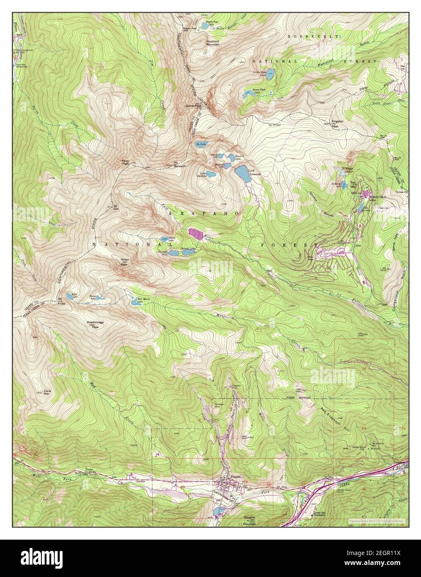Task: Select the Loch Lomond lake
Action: click(x=243, y=174)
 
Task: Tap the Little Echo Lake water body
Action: click(x=269, y=74)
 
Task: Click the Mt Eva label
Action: click(x=115, y=206)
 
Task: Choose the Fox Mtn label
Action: click(x=353, y=184)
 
